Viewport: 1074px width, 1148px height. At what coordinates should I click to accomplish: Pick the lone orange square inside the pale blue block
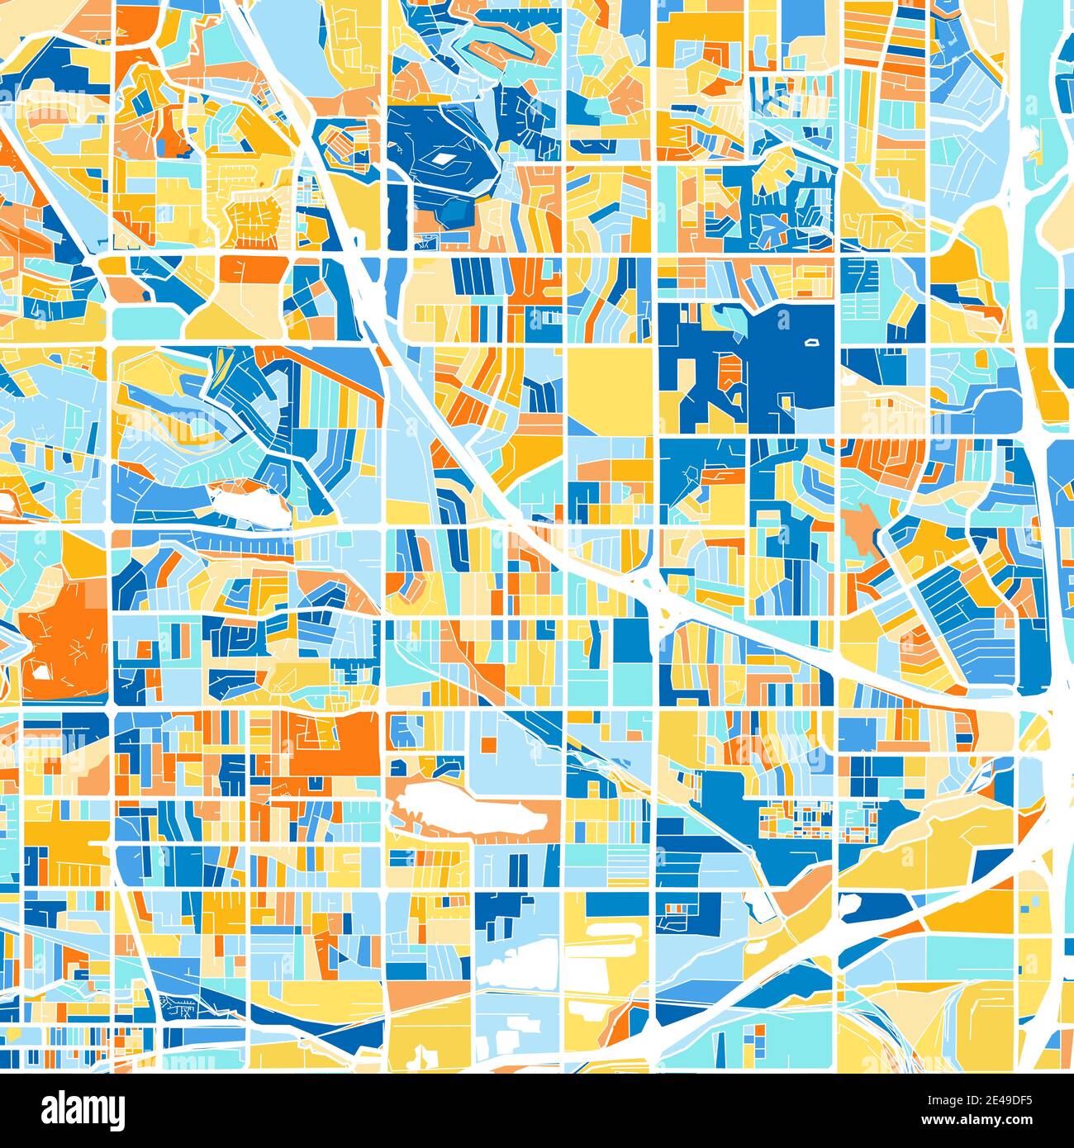(489, 745)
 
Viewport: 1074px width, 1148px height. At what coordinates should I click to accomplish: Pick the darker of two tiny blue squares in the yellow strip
(1027, 908)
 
